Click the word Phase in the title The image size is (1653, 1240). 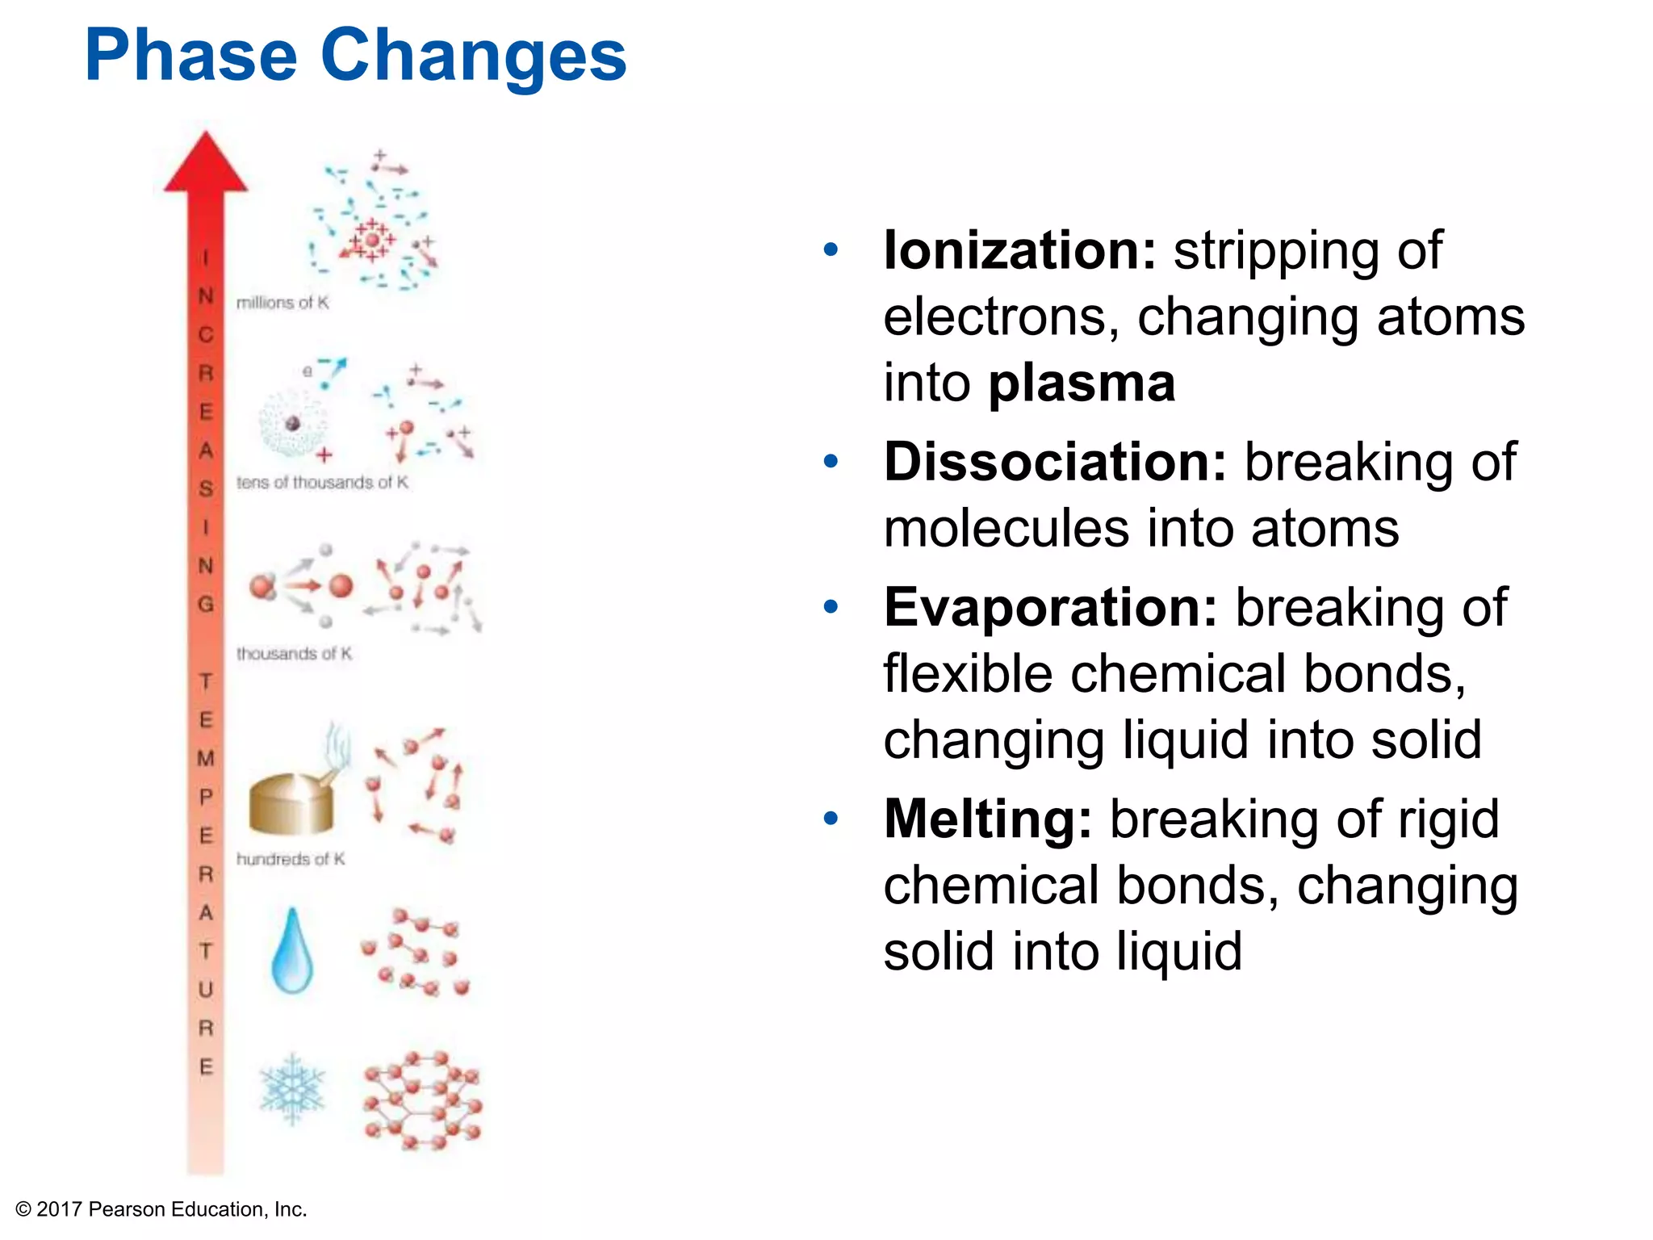click(x=190, y=57)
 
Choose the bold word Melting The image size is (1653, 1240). click(x=987, y=819)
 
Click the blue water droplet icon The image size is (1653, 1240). click(x=292, y=953)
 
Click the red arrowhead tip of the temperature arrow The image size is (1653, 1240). click(x=206, y=161)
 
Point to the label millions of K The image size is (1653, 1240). click(x=282, y=303)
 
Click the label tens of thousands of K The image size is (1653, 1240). click(x=322, y=483)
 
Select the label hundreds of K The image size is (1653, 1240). click(x=291, y=859)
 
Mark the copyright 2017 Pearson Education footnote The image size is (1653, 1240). click(x=161, y=1209)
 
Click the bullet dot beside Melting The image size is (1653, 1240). click(x=831, y=819)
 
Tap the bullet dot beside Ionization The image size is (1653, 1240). click(x=831, y=250)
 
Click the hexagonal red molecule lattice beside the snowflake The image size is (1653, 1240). click(x=421, y=1100)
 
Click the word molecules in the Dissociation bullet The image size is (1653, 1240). click(x=1006, y=529)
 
